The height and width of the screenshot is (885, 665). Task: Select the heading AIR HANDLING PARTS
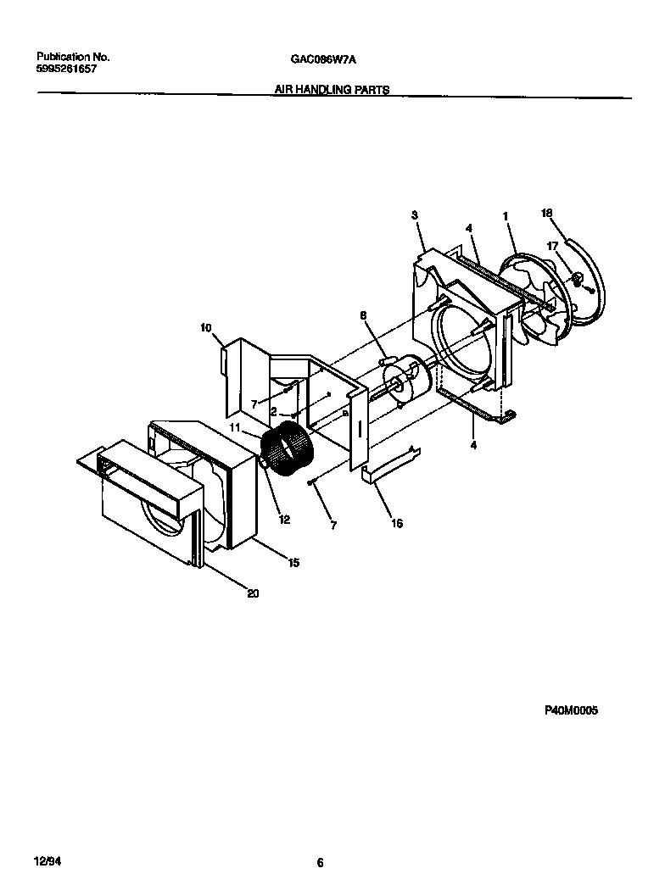tap(332, 90)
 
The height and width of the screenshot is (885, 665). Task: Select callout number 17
tap(553, 247)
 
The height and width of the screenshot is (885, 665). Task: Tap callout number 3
tap(415, 216)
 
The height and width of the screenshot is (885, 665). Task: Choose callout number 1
tap(506, 216)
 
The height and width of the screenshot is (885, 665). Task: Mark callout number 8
tap(363, 315)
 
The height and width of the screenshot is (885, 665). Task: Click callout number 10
tap(205, 327)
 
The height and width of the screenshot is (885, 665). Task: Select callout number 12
tap(285, 520)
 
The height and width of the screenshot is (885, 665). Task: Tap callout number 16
tap(397, 523)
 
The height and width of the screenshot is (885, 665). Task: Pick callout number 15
tap(293, 561)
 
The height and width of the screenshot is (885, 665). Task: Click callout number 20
tap(252, 593)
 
